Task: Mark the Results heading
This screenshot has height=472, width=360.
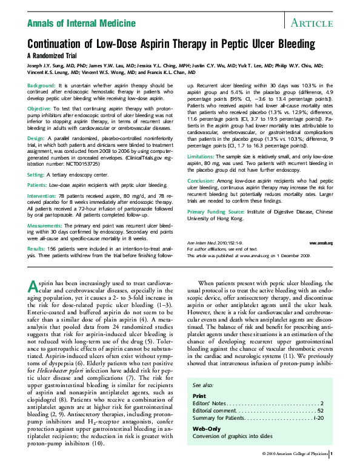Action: pos(38,248)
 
